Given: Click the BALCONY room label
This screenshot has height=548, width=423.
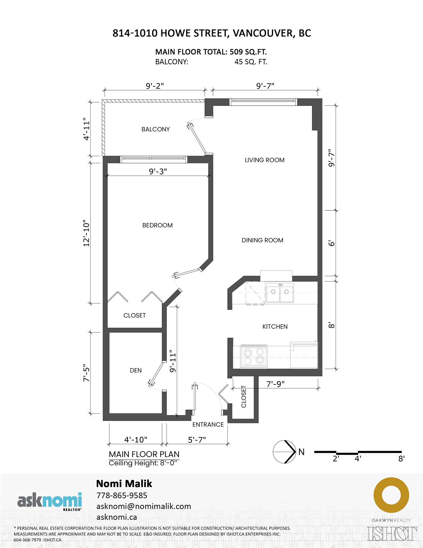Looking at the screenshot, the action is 155,129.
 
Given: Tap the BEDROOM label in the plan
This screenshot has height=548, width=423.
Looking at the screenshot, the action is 158,225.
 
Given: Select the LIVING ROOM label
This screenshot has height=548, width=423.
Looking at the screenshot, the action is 264,160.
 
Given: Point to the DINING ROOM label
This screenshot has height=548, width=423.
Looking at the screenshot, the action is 262,240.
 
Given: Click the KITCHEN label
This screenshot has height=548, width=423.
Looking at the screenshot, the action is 275,326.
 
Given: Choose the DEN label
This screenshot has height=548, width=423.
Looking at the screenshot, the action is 136,370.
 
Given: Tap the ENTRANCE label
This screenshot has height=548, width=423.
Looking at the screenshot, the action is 208,425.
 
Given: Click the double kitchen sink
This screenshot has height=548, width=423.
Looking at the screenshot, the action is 279,293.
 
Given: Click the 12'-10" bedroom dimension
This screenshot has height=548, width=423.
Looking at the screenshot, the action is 86,233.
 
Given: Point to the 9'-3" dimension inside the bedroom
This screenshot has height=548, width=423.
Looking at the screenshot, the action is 158,171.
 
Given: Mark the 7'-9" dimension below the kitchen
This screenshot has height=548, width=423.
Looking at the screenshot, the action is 275,384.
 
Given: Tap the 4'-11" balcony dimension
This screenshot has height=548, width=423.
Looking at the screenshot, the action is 86,129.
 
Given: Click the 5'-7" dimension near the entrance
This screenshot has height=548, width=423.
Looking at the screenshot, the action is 197,440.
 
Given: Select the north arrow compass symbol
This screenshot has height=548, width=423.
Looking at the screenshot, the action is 285,452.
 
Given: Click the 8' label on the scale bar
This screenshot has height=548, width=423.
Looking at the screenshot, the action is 401,459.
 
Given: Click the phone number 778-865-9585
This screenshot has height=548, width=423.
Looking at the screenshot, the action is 122,496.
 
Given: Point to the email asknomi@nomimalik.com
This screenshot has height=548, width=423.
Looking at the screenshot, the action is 144,506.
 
